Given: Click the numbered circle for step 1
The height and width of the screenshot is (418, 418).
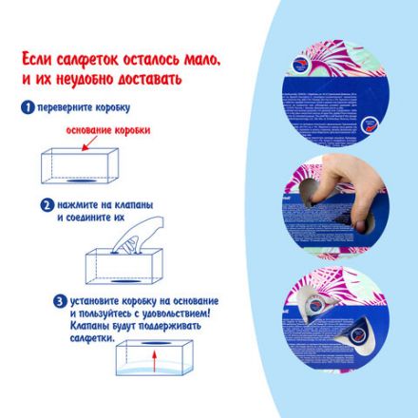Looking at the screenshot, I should point(28,107).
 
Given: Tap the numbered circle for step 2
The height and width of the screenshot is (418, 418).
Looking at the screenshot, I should point(46,203).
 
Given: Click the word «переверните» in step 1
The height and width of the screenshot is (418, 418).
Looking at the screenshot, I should point(65,107).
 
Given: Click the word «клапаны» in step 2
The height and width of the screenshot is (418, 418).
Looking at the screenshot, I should point(134,203).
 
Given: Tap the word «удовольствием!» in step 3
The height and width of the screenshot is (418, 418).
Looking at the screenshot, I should point(176,313).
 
